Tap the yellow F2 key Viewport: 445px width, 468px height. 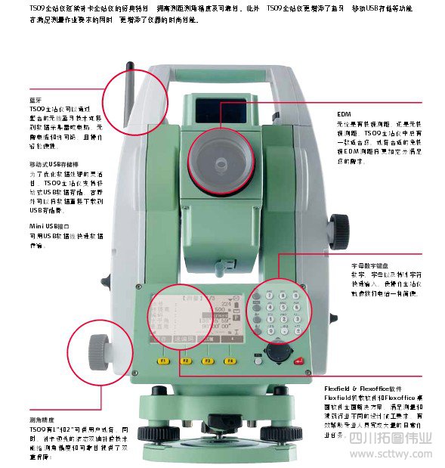185,361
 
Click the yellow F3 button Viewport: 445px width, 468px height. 207,361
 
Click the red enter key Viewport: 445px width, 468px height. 300,362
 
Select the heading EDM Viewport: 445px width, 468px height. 345,115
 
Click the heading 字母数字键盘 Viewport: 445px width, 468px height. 368,267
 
